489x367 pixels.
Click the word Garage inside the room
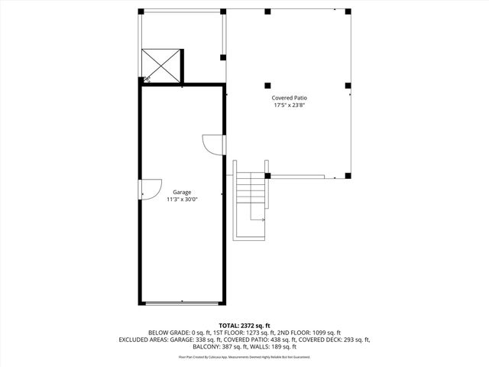(182, 192)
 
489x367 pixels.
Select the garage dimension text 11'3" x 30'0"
(182, 200)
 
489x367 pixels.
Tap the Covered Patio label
(290, 98)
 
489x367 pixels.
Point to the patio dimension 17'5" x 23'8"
(290, 106)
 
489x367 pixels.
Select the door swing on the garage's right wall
(212, 145)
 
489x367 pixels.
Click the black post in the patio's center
(267, 85)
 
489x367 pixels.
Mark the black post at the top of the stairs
(267, 176)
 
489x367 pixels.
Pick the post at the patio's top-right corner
(348, 12)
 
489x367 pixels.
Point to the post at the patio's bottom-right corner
(348, 176)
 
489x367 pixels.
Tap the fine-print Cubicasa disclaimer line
(244, 356)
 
